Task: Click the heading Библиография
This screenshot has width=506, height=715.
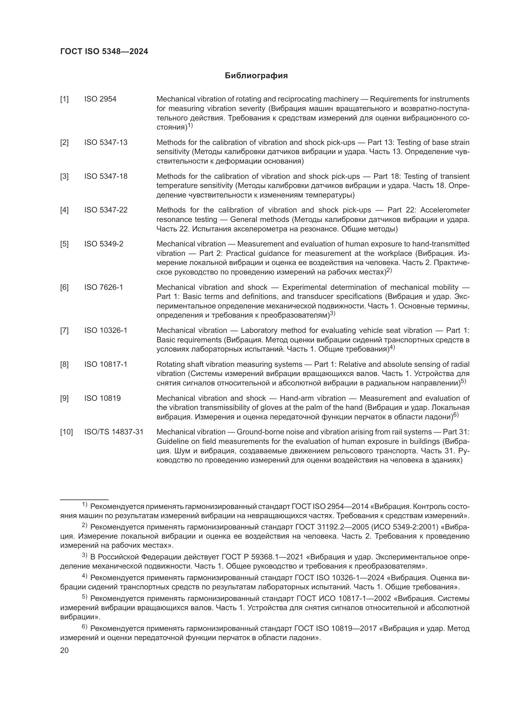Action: [256, 76]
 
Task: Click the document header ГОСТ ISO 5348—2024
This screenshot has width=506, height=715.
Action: [104, 52]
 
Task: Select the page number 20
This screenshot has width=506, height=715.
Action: [64, 650]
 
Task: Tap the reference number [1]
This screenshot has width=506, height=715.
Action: [64, 99]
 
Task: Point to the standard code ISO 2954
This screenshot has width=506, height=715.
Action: [100, 99]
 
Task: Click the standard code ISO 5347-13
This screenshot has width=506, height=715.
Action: [106, 142]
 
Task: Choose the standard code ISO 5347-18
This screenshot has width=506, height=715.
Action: [106, 176]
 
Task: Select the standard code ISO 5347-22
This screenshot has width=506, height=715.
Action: [106, 210]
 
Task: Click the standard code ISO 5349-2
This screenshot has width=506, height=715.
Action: [103, 244]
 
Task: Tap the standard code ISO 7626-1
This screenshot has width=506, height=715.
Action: [103, 287]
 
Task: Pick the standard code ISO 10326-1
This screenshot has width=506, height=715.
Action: [106, 330]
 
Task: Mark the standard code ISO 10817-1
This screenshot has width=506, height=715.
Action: [106, 364]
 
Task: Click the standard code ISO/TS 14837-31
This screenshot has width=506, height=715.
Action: [114, 432]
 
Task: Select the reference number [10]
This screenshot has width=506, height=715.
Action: [66, 432]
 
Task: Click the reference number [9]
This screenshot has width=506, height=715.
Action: [64, 398]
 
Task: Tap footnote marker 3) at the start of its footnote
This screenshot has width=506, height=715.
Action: [84, 555]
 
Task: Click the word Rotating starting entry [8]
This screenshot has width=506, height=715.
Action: [170, 364]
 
